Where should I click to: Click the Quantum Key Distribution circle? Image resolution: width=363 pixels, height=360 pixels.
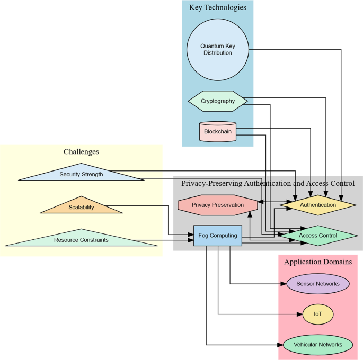click(217, 49)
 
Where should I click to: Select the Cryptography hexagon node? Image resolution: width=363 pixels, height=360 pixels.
click(218, 101)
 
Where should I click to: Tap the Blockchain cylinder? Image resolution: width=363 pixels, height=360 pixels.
click(218, 131)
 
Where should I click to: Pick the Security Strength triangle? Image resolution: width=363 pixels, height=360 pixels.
click(81, 174)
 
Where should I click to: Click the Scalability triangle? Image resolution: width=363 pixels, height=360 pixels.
click(81, 207)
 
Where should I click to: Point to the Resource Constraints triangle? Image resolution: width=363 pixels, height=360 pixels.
click(81, 240)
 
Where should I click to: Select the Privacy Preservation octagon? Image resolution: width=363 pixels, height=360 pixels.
click(218, 205)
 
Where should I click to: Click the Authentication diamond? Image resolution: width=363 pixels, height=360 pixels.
click(318, 205)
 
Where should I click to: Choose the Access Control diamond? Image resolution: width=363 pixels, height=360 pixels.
click(318, 236)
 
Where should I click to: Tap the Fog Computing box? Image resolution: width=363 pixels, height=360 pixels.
click(218, 236)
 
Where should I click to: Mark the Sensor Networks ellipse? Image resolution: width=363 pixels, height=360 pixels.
click(318, 284)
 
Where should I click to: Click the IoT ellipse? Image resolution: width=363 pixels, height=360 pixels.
click(318, 314)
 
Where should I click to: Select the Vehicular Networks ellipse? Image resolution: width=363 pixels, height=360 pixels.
click(318, 345)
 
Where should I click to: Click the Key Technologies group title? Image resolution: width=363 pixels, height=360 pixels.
click(217, 8)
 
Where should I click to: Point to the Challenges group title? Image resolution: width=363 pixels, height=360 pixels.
click(81, 152)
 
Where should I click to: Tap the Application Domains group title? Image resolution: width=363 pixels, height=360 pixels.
click(318, 262)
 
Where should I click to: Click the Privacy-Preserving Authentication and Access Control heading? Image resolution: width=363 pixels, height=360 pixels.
click(268, 184)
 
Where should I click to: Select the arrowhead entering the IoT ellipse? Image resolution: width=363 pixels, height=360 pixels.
click(299, 314)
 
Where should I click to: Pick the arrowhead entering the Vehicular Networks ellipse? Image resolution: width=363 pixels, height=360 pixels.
click(281, 345)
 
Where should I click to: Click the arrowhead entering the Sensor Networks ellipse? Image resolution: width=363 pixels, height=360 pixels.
click(284, 284)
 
